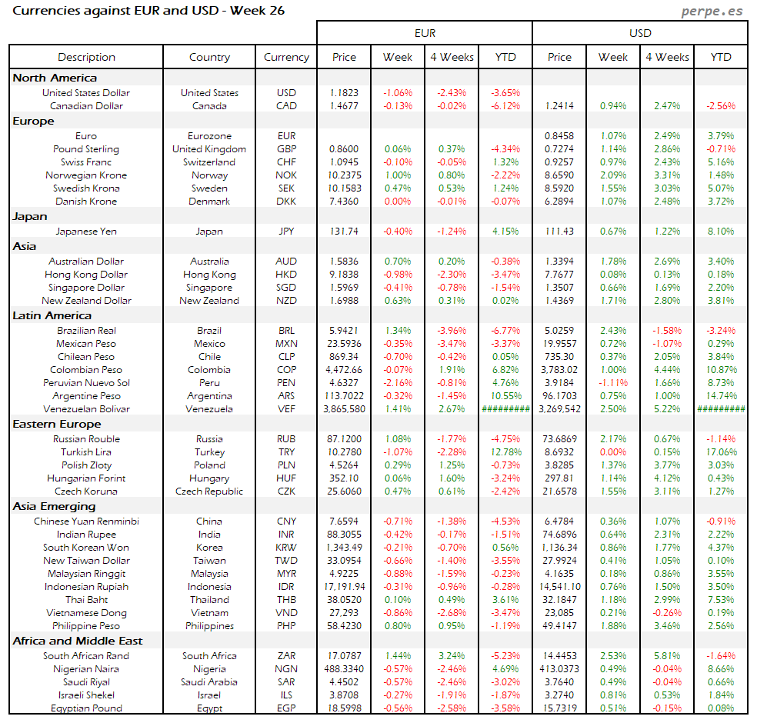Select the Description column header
[x=86, y=57]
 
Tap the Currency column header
[x=286, y=57]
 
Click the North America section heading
[x=55, y=78]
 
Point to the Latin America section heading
[x=52, y=315]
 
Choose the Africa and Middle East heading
[x=78, y=641]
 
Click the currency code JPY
[x=286, y=232]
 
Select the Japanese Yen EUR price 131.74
[x=344, y=232]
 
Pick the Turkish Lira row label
[x=86, y=452]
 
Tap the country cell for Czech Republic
[x=209, y=491]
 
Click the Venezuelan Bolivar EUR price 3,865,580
[x=344, y=409]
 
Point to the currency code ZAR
[x=286, y=656]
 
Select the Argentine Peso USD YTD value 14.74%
[x=721, y=396]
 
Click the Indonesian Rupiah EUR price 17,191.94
[x=344, y=587]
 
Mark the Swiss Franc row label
[x=86, y=162]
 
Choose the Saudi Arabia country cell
[x=209, y=682]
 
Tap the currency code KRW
[x=286, y=548]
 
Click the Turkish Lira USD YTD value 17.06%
[x=721, y=452]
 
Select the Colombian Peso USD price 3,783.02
[x=559, y=370]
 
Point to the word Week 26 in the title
[x=257, y=12]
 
